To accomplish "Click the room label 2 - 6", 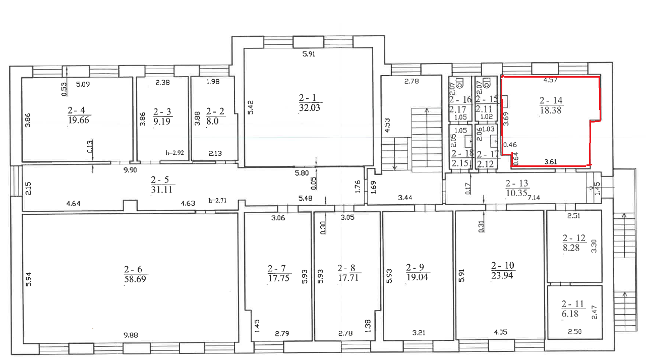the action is (x=133, y=269).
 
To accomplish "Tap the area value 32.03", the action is (x=310, y=107).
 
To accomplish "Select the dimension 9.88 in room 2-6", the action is (x=131, y=335).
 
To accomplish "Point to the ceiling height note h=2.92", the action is (x=175, y=153).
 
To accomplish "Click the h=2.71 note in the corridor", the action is (x=217, y=200).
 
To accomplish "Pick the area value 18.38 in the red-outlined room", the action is (x=551, y=110).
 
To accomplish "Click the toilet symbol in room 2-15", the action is (x=487, y=83).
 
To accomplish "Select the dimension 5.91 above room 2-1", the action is (x=309, y=54).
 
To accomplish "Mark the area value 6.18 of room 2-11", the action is (x=570, y=314).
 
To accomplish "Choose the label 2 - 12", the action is (x=574, y=238).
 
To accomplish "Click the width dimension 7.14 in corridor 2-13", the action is (x=534, y=198).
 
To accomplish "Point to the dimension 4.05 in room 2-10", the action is (x=500, y=332).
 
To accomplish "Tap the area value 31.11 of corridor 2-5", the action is (x=161, y=190).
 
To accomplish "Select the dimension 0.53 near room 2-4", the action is (x=64, y=89).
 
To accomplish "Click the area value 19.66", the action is (x=79, y=120).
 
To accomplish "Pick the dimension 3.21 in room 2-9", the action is (x=419, y=333).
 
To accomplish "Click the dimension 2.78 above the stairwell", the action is (x=412, y=81).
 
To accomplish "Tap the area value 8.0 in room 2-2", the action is (x=212, y=121).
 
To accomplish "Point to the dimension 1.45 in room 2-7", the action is (x=257, y=326).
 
